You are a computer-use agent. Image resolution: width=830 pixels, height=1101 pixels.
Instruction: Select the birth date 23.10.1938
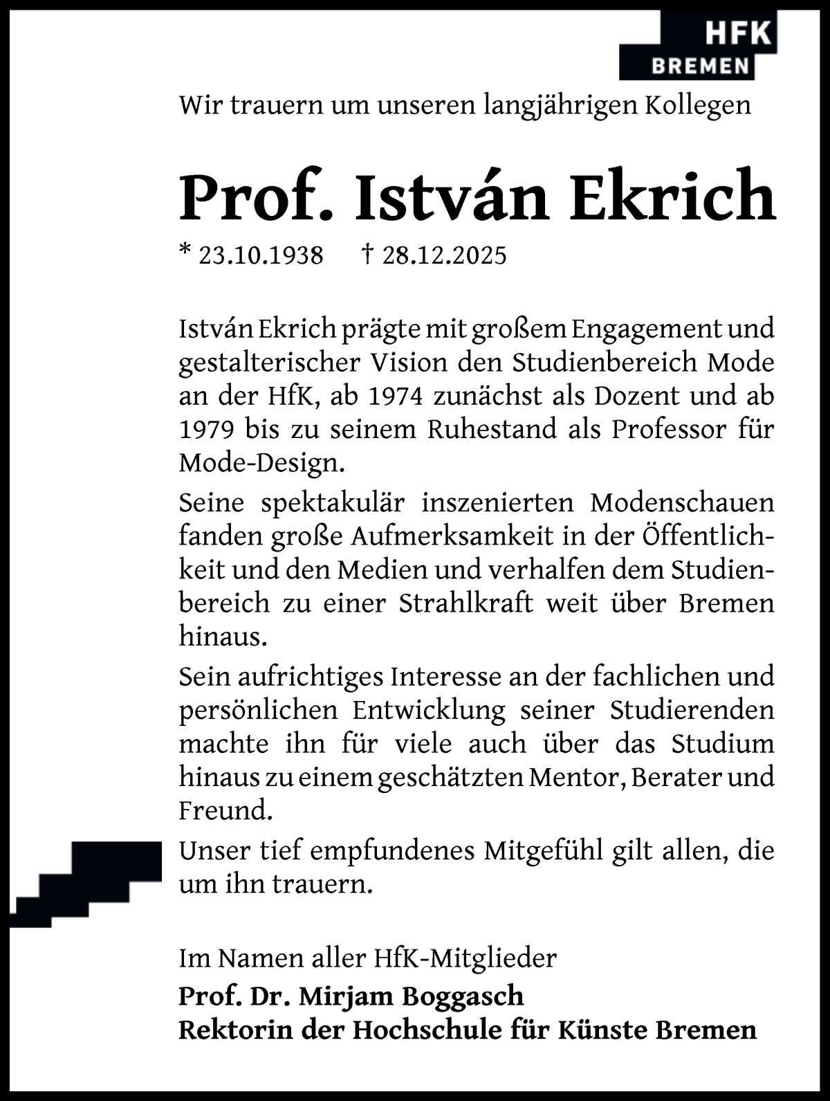tap(260, 255)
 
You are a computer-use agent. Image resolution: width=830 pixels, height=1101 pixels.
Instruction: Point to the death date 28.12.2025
tap(443, 255)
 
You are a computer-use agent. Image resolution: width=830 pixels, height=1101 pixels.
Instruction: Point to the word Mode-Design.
tap(261, 463)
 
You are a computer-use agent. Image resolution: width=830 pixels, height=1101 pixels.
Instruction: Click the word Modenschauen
tap(682, 502)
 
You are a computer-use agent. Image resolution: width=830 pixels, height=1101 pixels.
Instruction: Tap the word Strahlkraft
tap(465, 603)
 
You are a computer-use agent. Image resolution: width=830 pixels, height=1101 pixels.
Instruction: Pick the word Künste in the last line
tap(602, 1030)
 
